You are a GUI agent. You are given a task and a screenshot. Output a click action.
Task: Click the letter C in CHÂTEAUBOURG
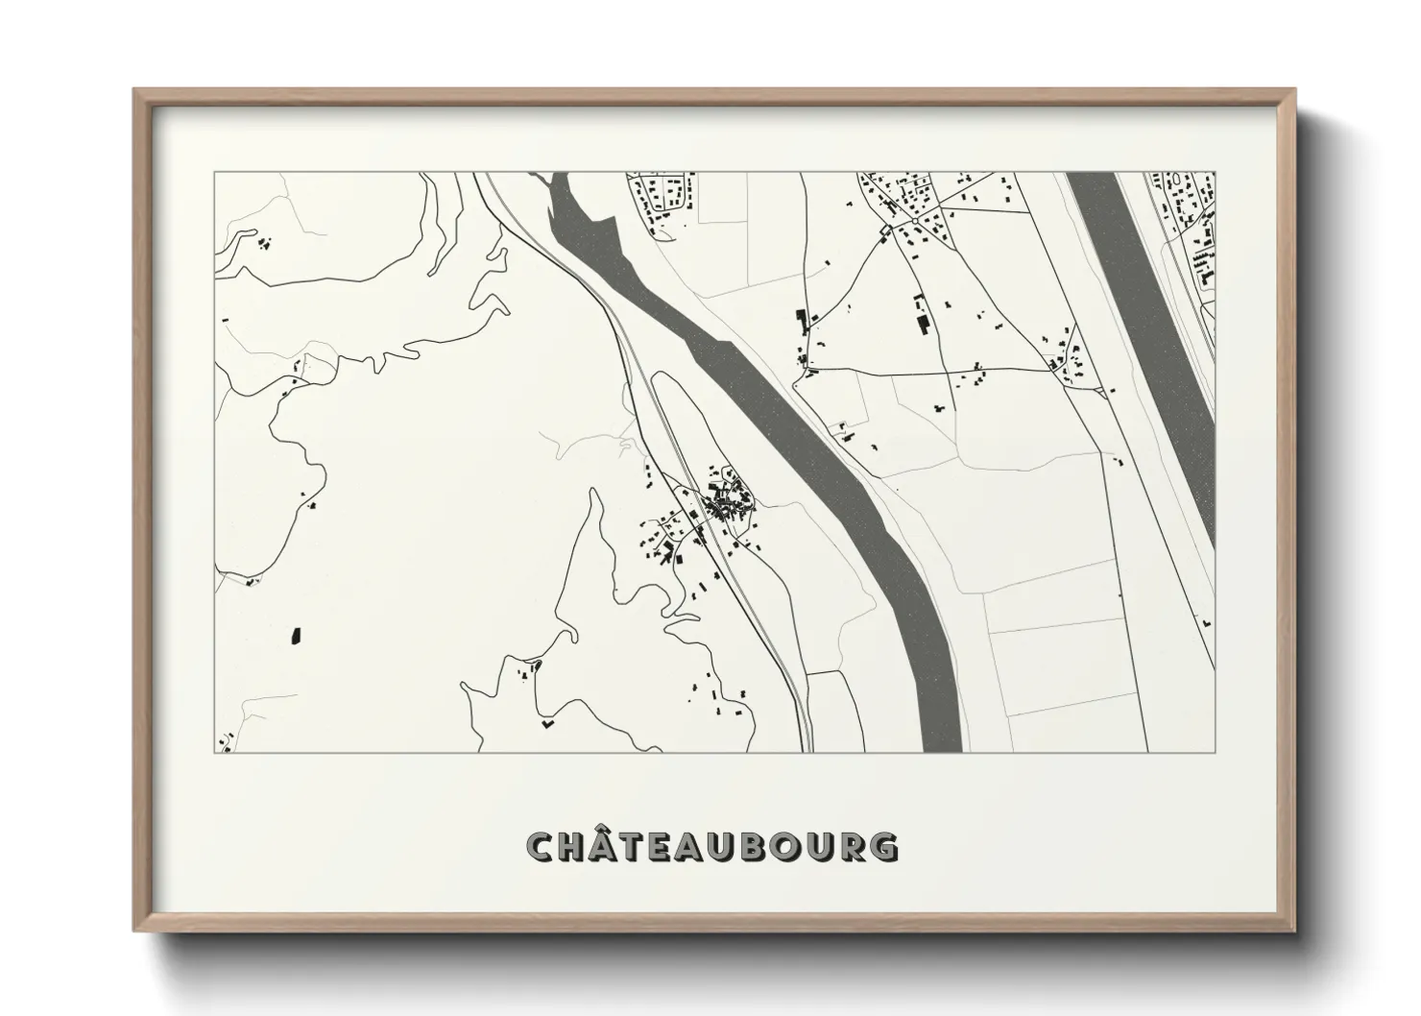coord(541,847)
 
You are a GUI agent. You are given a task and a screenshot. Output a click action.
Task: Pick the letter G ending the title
coord(884,847)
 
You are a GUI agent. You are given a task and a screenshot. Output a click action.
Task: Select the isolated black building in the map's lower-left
coord(295,635)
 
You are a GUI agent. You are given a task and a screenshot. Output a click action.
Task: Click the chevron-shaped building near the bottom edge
coord(548,723)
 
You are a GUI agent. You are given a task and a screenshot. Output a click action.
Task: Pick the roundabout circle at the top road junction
coord(915,220)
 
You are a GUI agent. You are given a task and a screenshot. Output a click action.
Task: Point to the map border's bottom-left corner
coord(213,752)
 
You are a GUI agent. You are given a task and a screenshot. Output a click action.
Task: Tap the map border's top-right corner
coord(1216,173)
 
